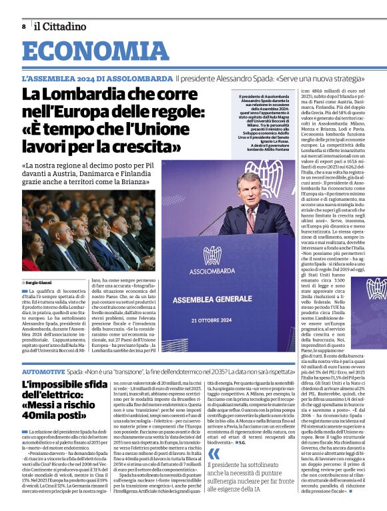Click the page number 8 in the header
pos(23,26)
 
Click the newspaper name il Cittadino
pos(60,26)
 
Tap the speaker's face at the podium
pos(249,191)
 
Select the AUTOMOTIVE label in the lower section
pos(43,371)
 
